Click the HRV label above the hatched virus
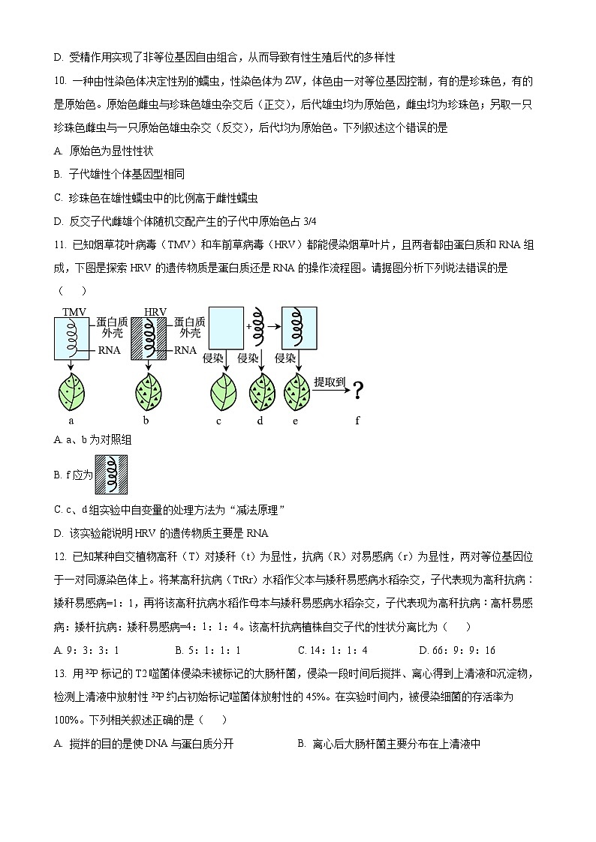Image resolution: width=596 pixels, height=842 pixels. [155, 311]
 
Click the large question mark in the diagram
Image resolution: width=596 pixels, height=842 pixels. [358, 391]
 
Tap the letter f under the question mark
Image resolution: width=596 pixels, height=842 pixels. [357, 421]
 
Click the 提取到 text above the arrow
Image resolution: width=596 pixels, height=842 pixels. [330, 382]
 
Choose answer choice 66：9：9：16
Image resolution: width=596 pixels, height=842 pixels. [462, 650]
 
